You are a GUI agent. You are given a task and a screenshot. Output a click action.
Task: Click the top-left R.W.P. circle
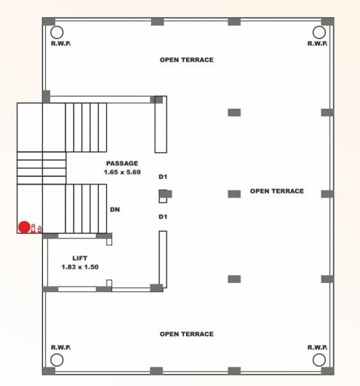tap(57, 32)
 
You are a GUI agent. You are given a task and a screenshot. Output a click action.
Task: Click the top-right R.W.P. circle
tap(318, 32)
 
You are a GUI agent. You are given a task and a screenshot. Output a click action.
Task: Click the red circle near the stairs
tap(24, 227)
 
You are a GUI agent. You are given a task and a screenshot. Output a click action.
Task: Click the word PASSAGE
tap(122, 163)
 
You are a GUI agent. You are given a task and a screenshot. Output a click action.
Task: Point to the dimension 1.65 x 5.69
tap(122, 172)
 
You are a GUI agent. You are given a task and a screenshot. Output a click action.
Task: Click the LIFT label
tap(80, 257)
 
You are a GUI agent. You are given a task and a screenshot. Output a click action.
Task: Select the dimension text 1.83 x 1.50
tap(80, 266)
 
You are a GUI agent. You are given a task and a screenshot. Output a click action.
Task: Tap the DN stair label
tap(114, 209)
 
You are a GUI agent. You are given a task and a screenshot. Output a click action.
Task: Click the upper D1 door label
tap(163, 176)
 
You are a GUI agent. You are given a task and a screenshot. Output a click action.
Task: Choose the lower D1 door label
tap(163, 217)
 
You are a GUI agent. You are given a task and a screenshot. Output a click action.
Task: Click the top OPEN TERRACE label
tap(186, 60)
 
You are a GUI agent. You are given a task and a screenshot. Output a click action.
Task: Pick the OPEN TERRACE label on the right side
tap(276, 191)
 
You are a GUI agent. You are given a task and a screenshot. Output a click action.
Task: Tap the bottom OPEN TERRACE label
tap(186, 334)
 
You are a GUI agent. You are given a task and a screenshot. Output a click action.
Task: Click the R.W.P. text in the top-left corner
tap(61, 44)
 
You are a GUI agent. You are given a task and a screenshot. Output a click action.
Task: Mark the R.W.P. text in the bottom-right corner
tap(318, 347)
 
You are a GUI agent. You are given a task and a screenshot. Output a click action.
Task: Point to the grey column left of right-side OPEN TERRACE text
tap(234, 193)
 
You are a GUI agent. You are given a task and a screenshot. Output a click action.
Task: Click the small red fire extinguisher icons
tap(37, 228)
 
